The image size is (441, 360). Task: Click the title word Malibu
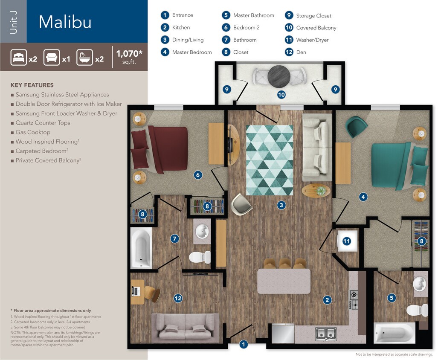coord(65,22)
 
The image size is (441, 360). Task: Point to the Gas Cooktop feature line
coord(33,132)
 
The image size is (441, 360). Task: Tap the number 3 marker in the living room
coord(281,206)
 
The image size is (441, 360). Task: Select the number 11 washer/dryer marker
coord(347,241)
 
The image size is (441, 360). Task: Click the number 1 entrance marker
coord(243,344)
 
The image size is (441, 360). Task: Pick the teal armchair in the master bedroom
coord(356,126)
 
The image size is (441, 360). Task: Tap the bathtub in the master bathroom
coord(394,332)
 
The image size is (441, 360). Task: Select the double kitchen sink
coord(325,333)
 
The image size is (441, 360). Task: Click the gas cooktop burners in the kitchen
coord(354,299)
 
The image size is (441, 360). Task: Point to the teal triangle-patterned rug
coord(270,160)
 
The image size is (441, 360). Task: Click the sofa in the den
coord(186,328)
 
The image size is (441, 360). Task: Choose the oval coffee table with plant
coord(316,190)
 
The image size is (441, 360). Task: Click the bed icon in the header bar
coord(19,57)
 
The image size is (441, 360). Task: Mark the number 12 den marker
coord(178,298)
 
